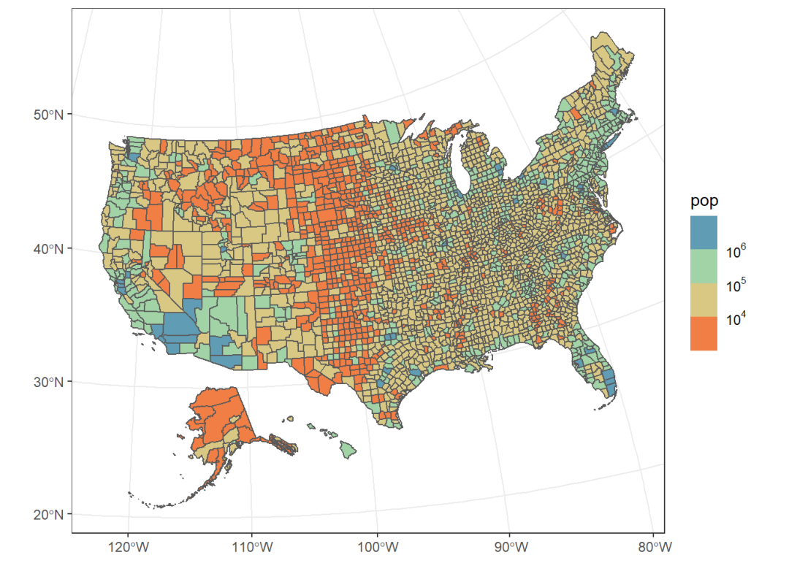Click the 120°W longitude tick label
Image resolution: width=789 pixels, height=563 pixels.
pos(129,546)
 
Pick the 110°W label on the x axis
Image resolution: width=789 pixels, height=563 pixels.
pos(252,546)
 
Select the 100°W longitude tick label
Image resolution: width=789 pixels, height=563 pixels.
pos(378,546)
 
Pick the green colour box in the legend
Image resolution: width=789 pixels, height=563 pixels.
pos(704,267)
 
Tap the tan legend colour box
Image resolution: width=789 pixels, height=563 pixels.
pos(704,300)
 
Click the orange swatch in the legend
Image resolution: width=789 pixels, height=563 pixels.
pos(704,334)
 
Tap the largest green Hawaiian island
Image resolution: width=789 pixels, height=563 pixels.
pos(351,451)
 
